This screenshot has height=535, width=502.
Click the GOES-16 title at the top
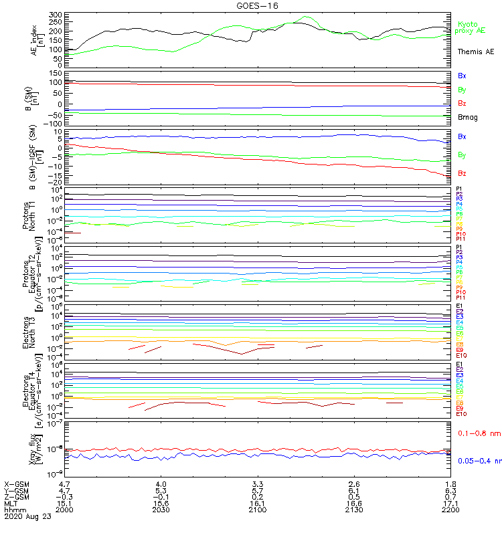(x=257, y=5)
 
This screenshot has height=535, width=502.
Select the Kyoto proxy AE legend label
(x=470, y=27)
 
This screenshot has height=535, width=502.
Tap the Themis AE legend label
(x=476, y=51)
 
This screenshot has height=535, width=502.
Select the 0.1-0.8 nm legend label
(x=479, y=434)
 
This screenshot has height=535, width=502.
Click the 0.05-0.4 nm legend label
(x=479, y=461)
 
